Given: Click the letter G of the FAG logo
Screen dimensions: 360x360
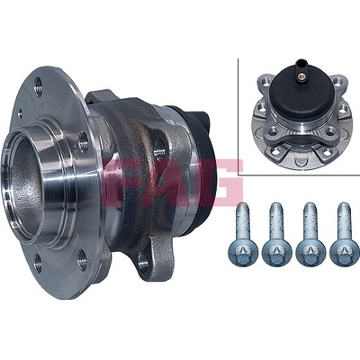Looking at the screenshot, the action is tap(229, 182).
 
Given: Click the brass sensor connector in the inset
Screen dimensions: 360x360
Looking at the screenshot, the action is tap(301, 77).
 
